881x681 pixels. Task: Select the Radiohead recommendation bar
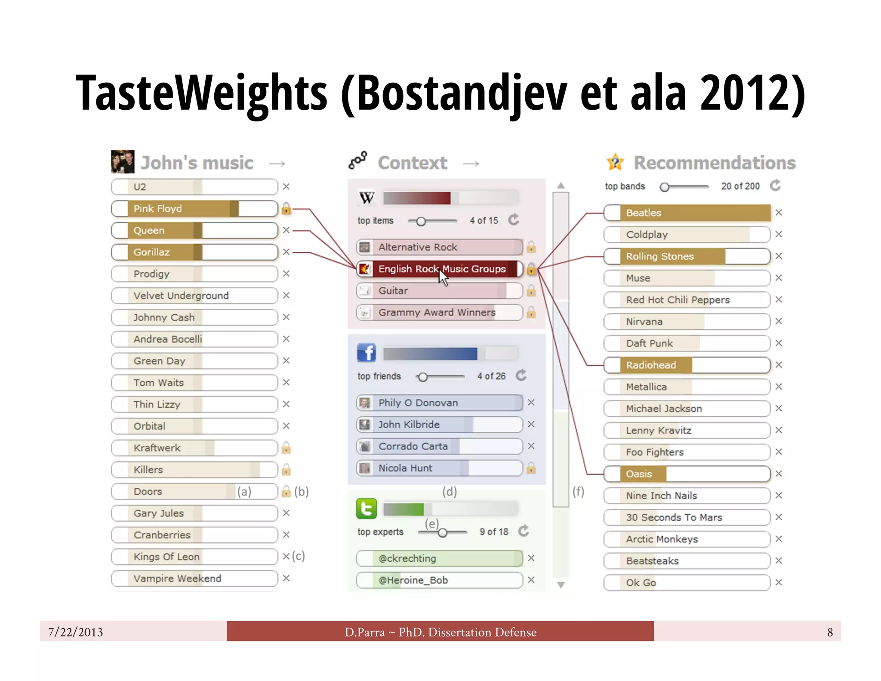(x=687, y=365)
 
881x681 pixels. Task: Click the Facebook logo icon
(x=367, y=353)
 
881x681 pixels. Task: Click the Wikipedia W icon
(x=367, y=198)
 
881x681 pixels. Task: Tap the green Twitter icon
(x=367, y=509)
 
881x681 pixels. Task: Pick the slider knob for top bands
(x=665, y=187)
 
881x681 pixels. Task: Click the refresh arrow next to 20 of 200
(x=775, y=186)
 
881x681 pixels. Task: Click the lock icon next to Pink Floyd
(x=286, y=209)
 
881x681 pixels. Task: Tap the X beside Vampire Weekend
(x=286, y=578)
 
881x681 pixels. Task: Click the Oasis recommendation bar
(x=687, y=474)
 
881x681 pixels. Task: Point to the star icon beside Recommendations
(x=615, y=162)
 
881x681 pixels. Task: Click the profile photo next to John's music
(x=123, y=161)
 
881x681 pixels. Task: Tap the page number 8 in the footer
(x=830, y=632)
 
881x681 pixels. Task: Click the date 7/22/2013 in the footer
(x=76, y=632)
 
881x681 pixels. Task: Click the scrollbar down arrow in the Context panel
(x=561, y=585)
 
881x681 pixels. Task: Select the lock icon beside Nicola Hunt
(x=531, y=468)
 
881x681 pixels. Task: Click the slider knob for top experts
(x=442, y=533)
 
